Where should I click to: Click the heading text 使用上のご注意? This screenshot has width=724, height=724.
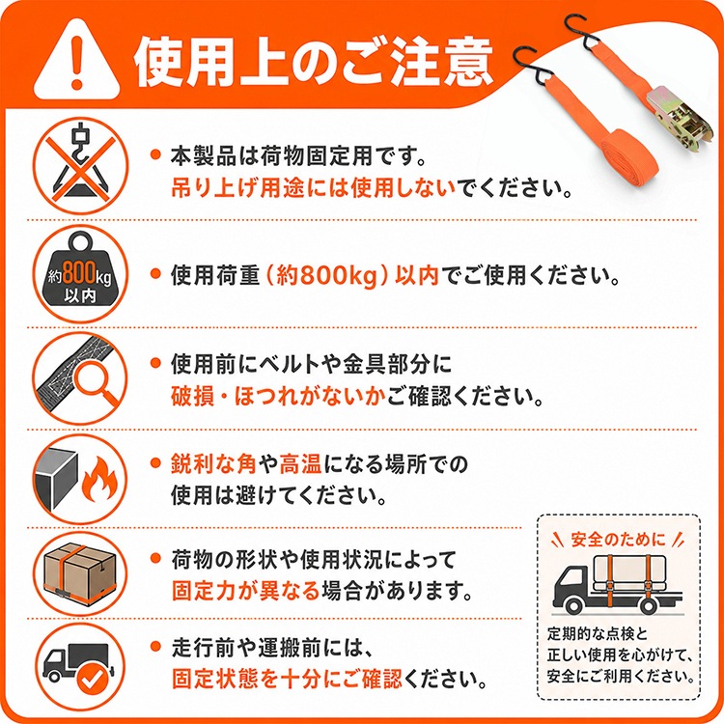314,62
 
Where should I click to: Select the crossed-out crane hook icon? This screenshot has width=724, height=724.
80,165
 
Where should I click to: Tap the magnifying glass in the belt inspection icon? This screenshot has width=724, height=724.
95,382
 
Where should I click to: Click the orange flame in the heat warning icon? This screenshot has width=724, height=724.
99,480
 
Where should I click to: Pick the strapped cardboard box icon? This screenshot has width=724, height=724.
80,572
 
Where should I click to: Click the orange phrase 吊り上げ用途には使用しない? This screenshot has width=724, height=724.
314,187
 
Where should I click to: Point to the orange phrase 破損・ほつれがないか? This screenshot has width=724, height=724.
278,396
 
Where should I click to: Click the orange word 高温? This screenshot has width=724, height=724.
300,463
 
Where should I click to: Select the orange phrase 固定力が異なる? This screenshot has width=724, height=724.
245,590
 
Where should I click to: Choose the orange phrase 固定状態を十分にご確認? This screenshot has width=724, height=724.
287,679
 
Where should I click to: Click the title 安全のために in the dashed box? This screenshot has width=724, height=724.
618,539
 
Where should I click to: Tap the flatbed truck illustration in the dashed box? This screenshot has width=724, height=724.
618,584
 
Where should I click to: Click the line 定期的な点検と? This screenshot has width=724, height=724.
598,634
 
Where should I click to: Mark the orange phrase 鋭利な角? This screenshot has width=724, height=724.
213,463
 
